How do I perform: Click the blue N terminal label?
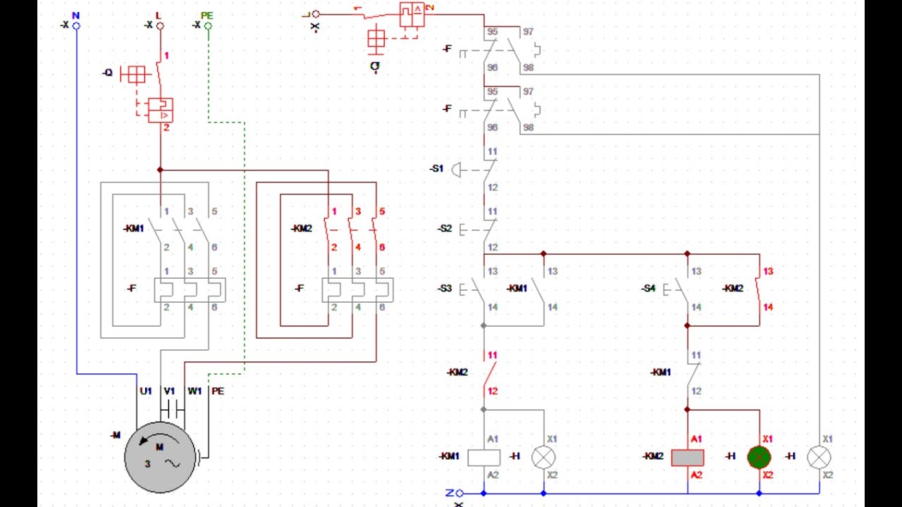pos(76,15)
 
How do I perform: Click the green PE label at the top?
pos(206,15)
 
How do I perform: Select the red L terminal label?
pos(158,15)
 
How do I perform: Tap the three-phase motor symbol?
pos(160,456)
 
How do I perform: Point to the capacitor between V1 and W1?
pos(172,409)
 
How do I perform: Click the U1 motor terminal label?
pos(146,391)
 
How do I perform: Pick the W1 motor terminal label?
pos(194,391)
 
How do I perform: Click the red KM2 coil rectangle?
pos(687,458)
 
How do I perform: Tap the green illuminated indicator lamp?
pos(759,458)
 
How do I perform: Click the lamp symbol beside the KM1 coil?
pos(543,458)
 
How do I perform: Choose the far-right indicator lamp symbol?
pos(819,458)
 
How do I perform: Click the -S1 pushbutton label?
pos(437,169)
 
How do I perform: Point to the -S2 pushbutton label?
pos(444,229)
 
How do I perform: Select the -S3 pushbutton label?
pos(444,289)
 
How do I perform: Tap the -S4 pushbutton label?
pos(648,289)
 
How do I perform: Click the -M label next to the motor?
pos(116,436)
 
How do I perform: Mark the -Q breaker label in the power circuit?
pos(107,73)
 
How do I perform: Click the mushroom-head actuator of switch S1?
pos(456,170)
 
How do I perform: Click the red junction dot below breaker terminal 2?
pos(160,170)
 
